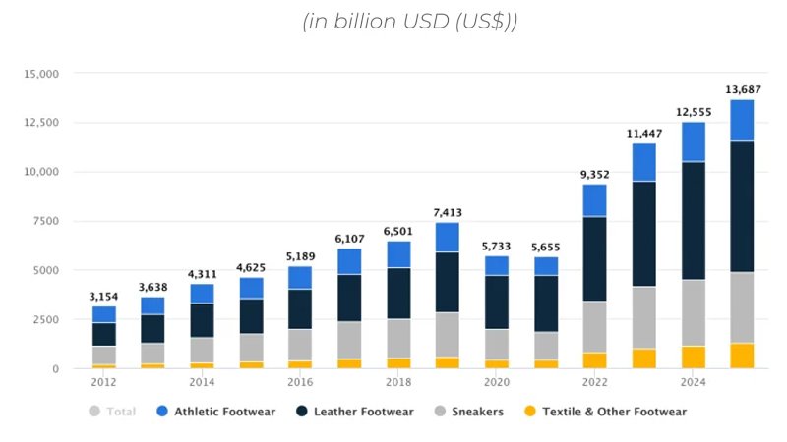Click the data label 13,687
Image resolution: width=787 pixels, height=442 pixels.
tap(743, 90)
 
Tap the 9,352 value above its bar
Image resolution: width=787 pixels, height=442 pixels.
tap(595, 175)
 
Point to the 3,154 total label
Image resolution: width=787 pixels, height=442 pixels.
tap(104, 297)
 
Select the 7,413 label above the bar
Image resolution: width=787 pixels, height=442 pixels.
tap(448, 213)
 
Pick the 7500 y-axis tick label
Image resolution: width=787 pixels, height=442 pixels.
tap(45, 221)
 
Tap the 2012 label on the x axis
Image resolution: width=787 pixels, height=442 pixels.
tap(104, 382)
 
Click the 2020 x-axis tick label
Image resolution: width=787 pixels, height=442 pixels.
tap(497, 382)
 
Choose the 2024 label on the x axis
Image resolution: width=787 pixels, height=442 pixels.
tap(694, 382)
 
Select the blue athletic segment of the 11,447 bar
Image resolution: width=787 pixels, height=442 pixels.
tap(644, 162)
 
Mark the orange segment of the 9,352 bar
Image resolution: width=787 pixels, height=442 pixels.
tap(595, 360)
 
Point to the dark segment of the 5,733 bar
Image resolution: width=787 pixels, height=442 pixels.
tap(497, 302)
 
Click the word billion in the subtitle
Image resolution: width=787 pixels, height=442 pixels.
tap(366, 22)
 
